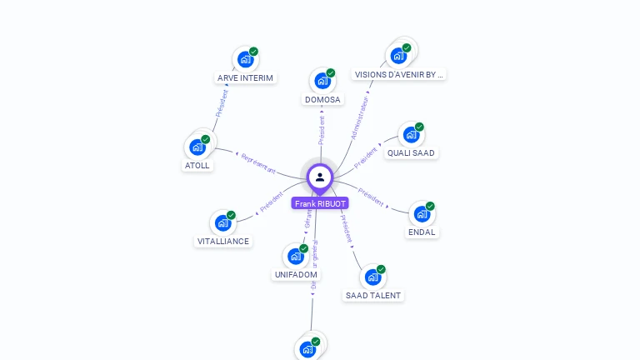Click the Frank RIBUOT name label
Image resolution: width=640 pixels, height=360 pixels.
point(320,203)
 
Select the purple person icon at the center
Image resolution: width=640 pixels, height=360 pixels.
point(320,177)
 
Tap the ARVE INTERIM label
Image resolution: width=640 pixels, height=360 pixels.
point(245,77)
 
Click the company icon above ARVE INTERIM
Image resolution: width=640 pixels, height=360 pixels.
point(245,59)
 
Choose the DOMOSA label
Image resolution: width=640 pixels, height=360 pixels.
point(322,99)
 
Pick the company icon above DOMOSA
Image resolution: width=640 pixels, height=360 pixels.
point(322,81)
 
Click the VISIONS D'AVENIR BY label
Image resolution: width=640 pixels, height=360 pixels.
point(399,74)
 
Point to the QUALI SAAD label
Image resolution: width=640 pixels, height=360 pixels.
point(412,152)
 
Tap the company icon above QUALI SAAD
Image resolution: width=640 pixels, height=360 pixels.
point(411,134)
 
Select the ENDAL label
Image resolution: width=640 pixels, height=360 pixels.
point(422,232)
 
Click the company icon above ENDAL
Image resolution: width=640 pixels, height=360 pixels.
point(422,213)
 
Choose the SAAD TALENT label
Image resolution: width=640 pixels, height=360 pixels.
point(372,295)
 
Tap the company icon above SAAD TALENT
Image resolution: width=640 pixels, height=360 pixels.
point(372,277)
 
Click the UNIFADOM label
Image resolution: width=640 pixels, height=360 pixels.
point(296,274)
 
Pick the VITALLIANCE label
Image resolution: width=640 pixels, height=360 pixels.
point(222,241)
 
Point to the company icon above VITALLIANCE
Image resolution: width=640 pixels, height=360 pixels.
point(222,222)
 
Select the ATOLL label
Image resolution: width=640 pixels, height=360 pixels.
point(197,165)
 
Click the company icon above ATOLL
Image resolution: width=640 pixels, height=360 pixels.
point(197,147)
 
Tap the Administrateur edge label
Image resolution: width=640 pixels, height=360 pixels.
point(359,117)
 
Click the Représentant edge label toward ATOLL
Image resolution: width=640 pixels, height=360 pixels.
point(257,162)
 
